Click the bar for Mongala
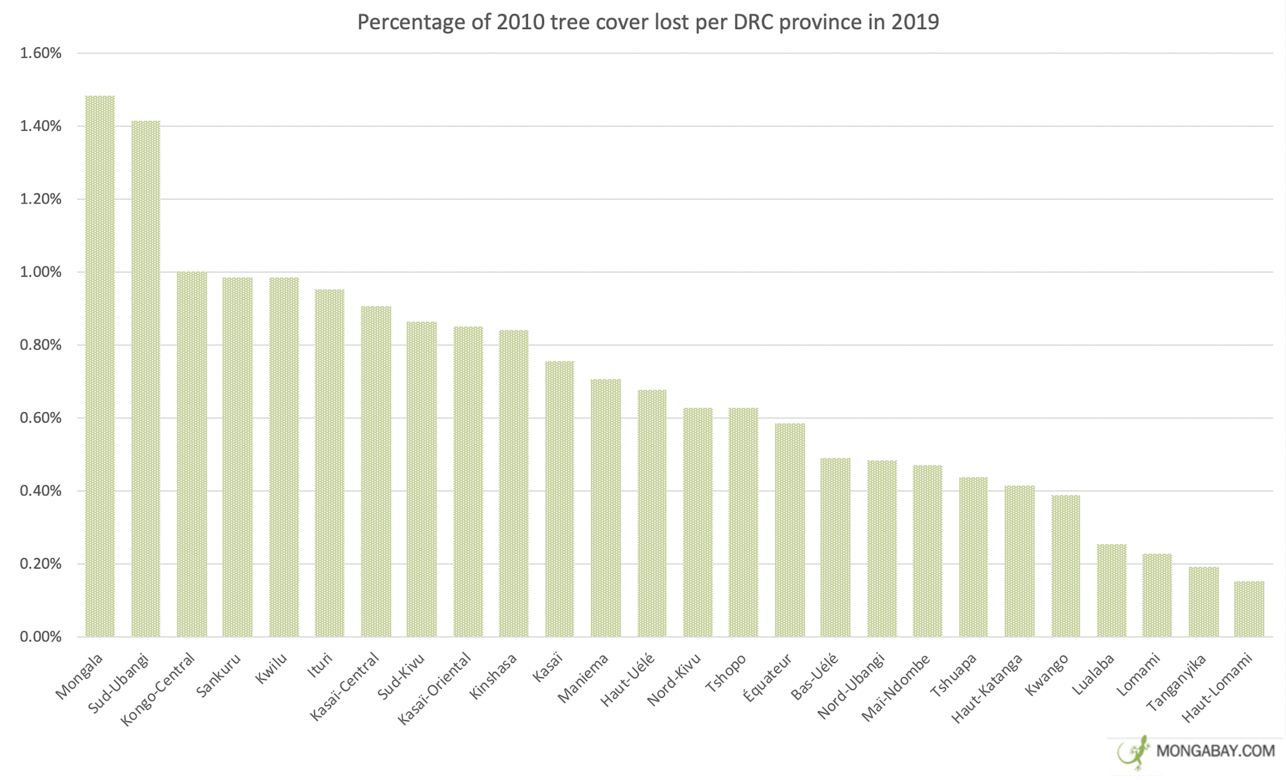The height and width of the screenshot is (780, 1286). [x=100, y=367]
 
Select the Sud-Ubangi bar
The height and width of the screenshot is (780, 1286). [x=146, y=379]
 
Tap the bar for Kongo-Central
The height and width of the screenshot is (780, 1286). [x=192, y=454]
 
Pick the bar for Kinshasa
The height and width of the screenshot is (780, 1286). [x=514, y=484]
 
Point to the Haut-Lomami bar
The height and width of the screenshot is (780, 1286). [x=1249, y=609]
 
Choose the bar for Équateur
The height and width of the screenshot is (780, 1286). [x=790, y=530]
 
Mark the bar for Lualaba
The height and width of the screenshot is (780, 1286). [x=1112, y=590]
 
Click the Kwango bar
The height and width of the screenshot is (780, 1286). [x=1065, y=566]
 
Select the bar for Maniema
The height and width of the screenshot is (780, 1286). [x=606, y=508]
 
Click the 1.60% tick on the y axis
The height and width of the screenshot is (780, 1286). [x=41, y=53]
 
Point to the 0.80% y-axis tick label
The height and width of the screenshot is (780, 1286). [x=41, y=345]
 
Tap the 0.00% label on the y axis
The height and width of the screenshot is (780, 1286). [x=41, y=637]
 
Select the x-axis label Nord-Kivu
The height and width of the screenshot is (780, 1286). [x=674, y=679]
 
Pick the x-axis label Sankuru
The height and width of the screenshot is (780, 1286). [x=219, y=675]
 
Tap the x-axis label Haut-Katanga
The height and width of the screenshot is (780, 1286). [x=987, y=688]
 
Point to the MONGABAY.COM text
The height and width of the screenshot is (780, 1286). [x=1215, y=751]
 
